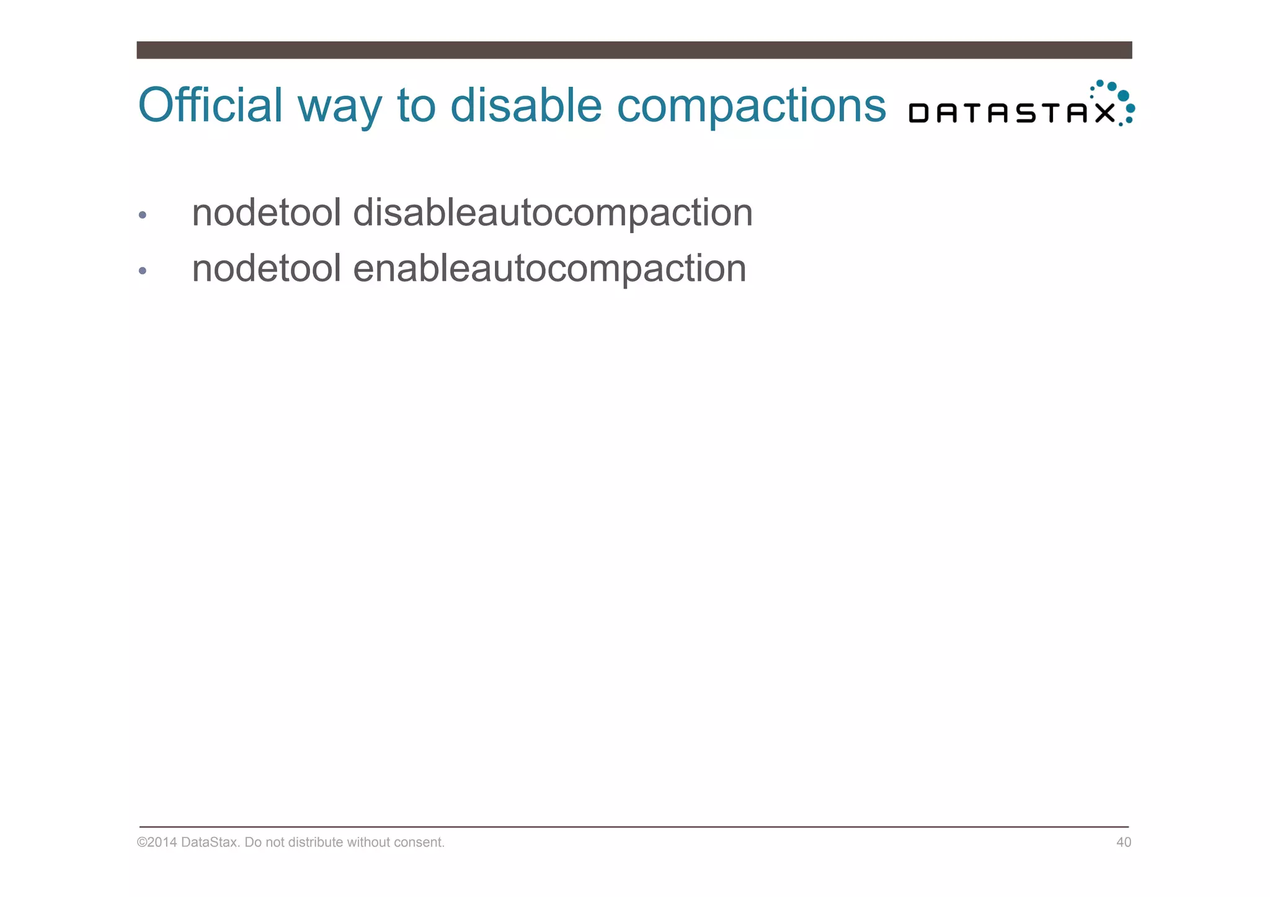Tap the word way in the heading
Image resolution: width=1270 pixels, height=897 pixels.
tap(339, 107)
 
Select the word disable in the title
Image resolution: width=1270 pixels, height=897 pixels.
tap(526, 105)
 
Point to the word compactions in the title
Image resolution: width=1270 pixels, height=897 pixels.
tap(751, 107)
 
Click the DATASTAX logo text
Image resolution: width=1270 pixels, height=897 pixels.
tap(1011, 113)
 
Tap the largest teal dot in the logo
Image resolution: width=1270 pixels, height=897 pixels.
tap(1123, 95)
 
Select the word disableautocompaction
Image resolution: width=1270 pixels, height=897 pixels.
tap(553, 213)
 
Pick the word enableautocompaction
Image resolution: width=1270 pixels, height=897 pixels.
tap(549, 268)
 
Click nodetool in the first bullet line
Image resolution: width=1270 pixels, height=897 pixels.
tap(267, 213)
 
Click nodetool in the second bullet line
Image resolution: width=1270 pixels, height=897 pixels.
tap(267, 268)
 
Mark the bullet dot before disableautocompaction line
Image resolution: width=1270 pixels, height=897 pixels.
tap(143, 215)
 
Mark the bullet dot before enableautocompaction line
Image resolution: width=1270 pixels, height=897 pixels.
tap(143, 271)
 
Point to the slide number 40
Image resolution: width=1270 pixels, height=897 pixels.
tap(1124, 842)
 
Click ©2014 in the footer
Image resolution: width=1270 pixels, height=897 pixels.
tap(157, 842)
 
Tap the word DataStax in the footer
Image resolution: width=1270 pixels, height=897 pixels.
tap(210, 842)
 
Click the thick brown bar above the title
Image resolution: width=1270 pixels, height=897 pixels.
tap(634, 50)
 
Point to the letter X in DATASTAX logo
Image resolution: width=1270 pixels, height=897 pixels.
tap(1104, 113)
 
